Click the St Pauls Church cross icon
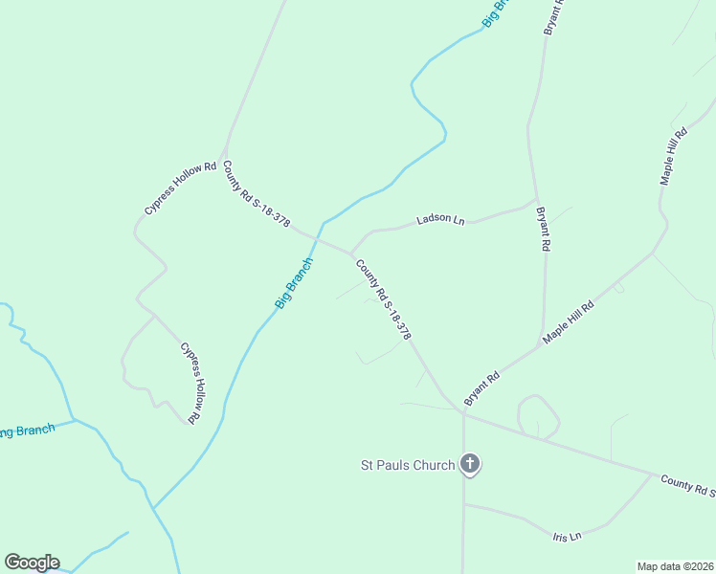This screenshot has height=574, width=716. pos(469,464)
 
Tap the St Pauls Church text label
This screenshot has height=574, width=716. pos(407,466)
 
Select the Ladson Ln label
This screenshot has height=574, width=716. pos(440,220)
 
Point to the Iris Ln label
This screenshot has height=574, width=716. pos(568,536)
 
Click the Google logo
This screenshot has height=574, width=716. pos(32,563)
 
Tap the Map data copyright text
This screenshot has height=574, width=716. pos(676,566)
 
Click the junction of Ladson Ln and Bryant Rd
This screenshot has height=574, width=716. pos(535,199)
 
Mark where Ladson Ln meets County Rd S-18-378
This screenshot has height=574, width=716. pos(351,254)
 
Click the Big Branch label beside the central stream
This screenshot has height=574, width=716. pos(294,283)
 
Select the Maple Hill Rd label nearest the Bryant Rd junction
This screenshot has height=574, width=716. pos(569,322)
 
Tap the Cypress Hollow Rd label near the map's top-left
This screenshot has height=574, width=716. pos(182,183)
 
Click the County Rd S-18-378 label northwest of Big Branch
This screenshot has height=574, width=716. pos(257,192)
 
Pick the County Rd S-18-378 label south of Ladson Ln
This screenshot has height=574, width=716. pos(383,299)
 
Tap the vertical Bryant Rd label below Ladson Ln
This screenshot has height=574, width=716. pos(544,230)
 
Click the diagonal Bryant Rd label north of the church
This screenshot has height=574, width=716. pos(481,385)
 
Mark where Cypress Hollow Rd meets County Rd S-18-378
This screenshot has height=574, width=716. pos(221,156)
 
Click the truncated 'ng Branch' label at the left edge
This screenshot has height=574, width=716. pos(27,430)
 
